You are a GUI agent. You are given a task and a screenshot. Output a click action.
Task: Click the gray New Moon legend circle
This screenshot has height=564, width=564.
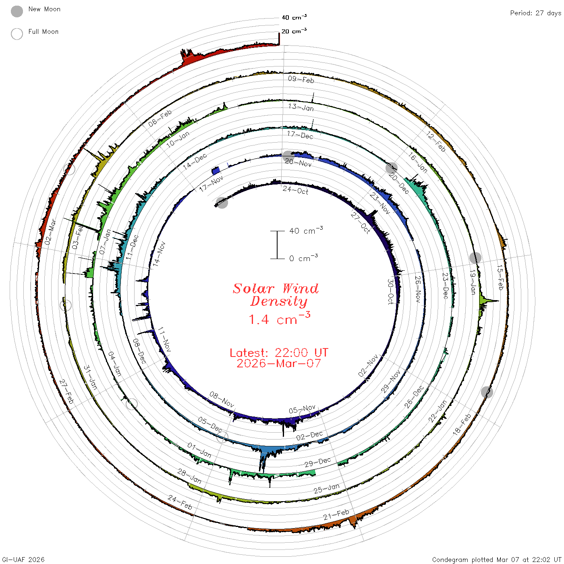click(x=17, y=11)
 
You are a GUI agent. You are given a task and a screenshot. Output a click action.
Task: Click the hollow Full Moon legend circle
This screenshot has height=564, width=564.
click(x=17, y=34)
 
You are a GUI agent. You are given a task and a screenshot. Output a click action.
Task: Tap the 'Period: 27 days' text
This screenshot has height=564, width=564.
click(x=535, y=13)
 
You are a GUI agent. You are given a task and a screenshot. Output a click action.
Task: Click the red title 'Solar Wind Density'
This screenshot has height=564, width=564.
click(x=276, y=295)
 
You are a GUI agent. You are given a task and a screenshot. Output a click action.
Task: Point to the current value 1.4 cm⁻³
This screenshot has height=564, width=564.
click(x=280, y=319)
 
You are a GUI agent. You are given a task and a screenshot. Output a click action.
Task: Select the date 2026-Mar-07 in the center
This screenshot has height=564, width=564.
click(x=279, y=363)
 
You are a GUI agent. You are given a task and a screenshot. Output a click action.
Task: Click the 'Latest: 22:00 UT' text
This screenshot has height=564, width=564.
click(x=279, y=352)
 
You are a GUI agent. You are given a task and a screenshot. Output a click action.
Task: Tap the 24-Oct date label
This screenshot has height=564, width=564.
click(x=295, y=190)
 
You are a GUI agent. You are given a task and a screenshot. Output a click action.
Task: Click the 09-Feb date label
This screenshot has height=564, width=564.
click(x=301, y=79)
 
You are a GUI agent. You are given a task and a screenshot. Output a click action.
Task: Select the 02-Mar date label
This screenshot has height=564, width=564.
click(x=50, y=232)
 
